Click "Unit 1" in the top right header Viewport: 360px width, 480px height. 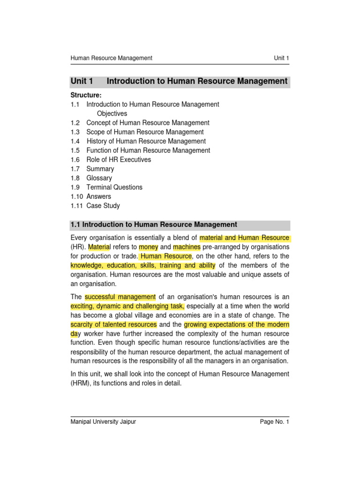click(x=281, y=58)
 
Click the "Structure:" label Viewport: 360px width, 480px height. click(x=86, y=95)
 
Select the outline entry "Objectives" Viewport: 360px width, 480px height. click(x=112, y=113)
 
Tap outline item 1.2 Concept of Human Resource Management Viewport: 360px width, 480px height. click(x=148, y=123)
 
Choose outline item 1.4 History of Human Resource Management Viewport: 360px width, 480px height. click(x=146, y=141)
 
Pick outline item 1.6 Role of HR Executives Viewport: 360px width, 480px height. click(x=119, y=159)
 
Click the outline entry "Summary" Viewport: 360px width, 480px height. click(x=100, y=169)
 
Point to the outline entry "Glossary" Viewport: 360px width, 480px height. click(x=99, y=178)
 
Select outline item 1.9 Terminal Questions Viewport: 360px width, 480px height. click(x=114, y=187)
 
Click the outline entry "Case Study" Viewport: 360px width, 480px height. click(x=103, y=206)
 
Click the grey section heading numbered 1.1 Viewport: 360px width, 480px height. click(x=154, y=225)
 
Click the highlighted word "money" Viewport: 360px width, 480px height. click(x=149, y=247)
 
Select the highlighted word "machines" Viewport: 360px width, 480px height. click(x=187, y=247)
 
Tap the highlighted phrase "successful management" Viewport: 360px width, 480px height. click(x=120, y=297)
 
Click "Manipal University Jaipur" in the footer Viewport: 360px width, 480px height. click(x=103, y=422)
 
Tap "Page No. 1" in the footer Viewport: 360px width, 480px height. click(x=275, y=422)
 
